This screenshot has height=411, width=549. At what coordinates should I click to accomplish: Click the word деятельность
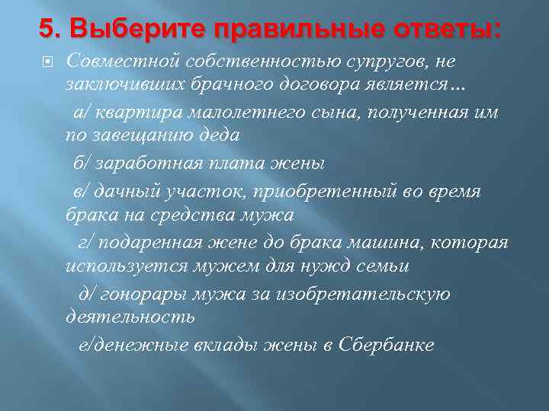click(130, 319)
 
